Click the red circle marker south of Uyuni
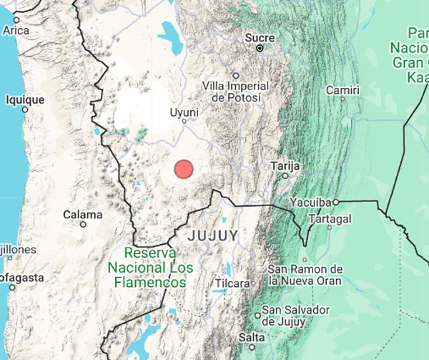184,170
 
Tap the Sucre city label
260,37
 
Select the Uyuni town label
184,112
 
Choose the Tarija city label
284,165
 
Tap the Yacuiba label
312,203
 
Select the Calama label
83,214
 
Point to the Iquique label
25,100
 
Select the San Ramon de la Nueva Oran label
305,275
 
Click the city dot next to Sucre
260,48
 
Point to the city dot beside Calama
83,224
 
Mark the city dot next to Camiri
342,101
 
